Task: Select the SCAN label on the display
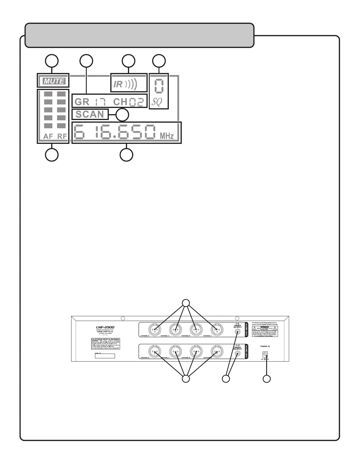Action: coord(90,114)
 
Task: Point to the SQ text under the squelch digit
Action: coord(157,102)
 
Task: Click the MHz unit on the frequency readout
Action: coord(167,136)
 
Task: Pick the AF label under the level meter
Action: coord(48,137)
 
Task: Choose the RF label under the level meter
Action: coord(62,137)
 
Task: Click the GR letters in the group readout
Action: coord(82,102)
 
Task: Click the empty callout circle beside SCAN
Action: coord(122,115)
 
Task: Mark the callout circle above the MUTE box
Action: coord(51,61)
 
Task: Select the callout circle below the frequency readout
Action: coord(127,155)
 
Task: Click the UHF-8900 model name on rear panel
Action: coord(105,327)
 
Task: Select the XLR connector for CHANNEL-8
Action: coord(155,351)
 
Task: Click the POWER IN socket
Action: coord(265,354)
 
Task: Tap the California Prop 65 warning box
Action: coord(105,343)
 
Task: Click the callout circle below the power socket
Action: coord(266,379)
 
